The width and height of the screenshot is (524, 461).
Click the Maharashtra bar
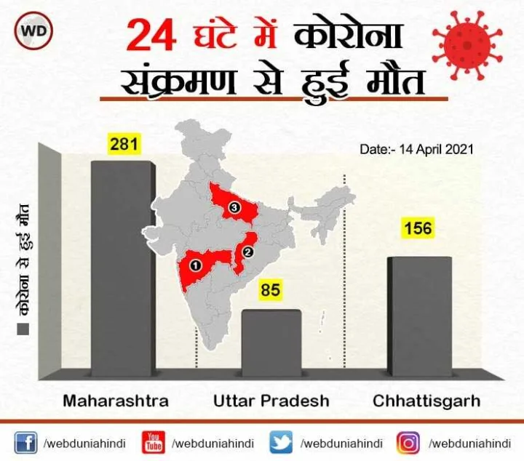point(122,269)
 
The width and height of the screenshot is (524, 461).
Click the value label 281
point(124,144)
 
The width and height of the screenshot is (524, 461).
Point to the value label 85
point(270,291)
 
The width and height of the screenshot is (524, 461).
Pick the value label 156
point(418,228)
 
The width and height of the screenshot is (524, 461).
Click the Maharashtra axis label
point(116,401)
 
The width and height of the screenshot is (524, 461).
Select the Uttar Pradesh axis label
point(271,401)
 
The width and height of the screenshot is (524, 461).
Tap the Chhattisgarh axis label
point(426,401)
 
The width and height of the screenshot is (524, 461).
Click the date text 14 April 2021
point(417,149)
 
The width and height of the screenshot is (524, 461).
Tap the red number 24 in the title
point(151,36)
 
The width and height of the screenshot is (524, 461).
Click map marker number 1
point(195,265)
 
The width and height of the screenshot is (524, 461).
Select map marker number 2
point(247,252)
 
